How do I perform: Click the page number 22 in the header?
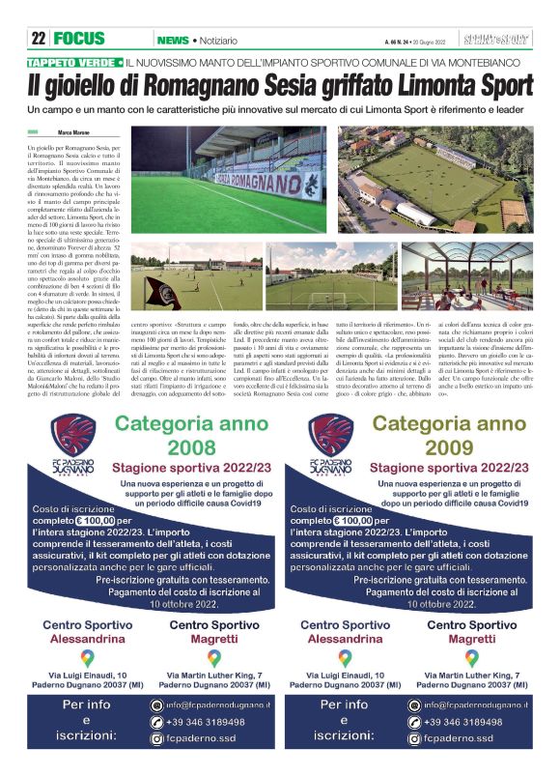coord(39,40)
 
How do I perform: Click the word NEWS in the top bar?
coord(172,40)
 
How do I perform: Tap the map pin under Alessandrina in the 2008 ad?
coord(87,656)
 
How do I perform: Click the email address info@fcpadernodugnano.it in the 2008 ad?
coord(213,705)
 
